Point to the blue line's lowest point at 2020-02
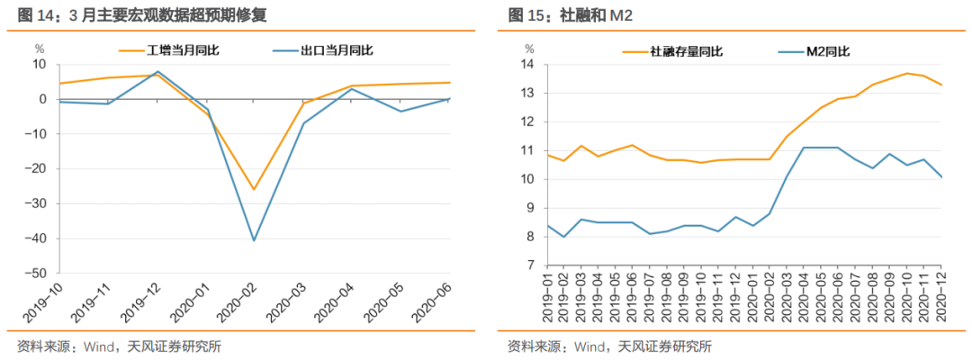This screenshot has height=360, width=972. coord(254,240)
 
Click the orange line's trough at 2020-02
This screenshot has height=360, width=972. coord(254,190)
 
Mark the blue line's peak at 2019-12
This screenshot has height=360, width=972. coord(157,71)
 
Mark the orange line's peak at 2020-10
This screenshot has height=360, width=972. coord(909,73)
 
